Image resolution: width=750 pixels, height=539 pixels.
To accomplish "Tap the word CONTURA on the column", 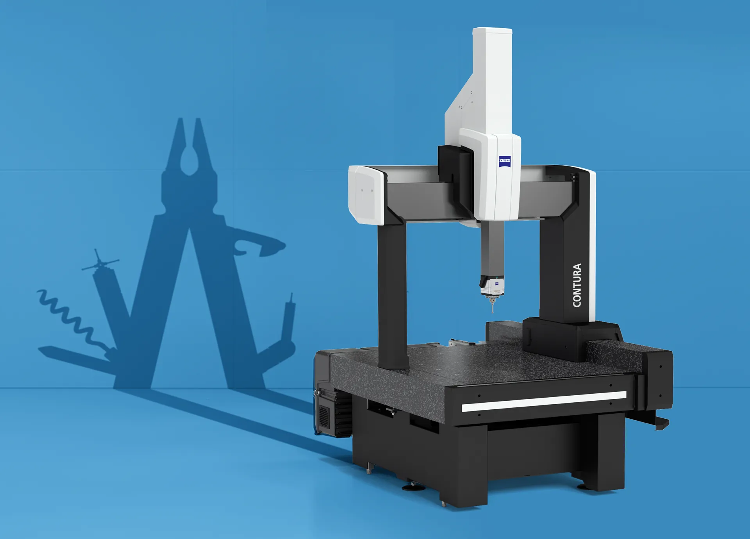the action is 577,285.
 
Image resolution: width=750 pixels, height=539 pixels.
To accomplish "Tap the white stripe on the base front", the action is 544,401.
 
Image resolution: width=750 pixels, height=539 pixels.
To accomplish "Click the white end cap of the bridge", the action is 366,194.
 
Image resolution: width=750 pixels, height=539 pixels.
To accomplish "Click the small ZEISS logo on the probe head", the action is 496,284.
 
